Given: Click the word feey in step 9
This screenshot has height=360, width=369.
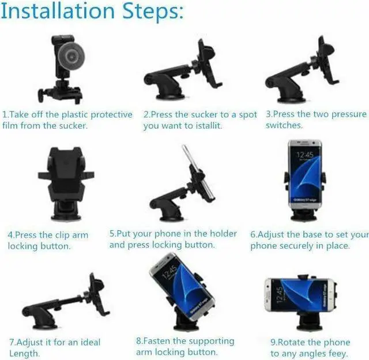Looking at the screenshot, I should pos(337,354).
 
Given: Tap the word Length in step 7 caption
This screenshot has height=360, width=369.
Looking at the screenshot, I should pos(24,354).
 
